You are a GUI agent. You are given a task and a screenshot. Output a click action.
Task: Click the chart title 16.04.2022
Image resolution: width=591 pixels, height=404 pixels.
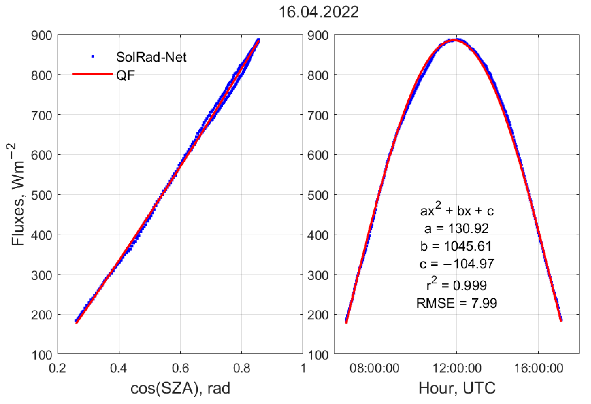coord(319,12)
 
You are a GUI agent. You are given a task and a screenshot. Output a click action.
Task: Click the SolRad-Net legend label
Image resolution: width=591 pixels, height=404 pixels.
coord(151,57)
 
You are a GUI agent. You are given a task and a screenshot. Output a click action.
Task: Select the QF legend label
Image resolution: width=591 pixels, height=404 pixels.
coord(125,75)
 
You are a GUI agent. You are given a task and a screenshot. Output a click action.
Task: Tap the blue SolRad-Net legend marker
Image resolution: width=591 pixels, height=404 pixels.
coord(93,56)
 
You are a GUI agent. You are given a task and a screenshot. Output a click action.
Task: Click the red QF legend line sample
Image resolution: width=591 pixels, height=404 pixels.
coord(93,74)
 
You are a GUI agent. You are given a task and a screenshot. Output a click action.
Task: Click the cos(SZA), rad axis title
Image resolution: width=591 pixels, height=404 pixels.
coord(180,388)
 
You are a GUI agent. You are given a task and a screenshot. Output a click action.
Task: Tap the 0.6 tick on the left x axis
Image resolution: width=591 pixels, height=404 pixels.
coord(180,368)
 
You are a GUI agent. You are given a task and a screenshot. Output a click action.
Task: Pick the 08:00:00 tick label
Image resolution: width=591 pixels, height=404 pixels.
coord(374,368)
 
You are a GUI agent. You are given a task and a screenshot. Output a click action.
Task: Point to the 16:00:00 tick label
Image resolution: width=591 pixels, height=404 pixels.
coord(539,368)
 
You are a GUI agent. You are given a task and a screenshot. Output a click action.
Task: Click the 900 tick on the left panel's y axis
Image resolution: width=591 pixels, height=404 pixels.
coord(41,36)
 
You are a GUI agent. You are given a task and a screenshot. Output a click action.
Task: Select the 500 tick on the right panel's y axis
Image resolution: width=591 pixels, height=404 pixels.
coord(318,195)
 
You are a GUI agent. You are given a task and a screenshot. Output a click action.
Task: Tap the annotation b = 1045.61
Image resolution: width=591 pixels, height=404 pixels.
coord(456,246)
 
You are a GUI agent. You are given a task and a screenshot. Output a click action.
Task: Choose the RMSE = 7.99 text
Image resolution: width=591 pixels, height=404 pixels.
coord(456,303)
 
